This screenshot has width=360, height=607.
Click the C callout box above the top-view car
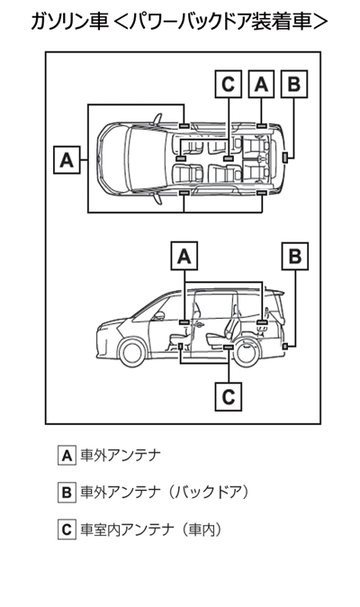pos(228,84)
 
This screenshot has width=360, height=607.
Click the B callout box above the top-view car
pos(294,84)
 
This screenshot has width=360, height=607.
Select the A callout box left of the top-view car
pos(67,159)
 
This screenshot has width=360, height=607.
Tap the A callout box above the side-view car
pos(184,256)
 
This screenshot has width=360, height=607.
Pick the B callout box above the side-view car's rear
pos(295,256)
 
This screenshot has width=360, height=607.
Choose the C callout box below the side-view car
pos(229,396)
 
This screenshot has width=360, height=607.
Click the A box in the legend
pos(67,456)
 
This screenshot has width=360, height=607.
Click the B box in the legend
pos(67,493)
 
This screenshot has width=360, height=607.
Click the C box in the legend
pos(67,530)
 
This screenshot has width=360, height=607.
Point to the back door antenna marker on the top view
pos(285,158)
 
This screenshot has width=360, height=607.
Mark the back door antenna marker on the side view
pos(285,347)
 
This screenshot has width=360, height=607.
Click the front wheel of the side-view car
pos(132,353)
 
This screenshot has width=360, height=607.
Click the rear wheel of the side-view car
pos(247,353)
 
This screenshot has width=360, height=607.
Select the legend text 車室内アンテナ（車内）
pos(151,530)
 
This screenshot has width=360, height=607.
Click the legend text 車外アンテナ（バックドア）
pos(165,493)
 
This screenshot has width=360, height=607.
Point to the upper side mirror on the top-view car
pos(157,119)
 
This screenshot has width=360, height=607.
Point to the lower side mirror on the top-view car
pos(157,199)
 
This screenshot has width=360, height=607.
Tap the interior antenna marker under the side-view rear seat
pos(229,348)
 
